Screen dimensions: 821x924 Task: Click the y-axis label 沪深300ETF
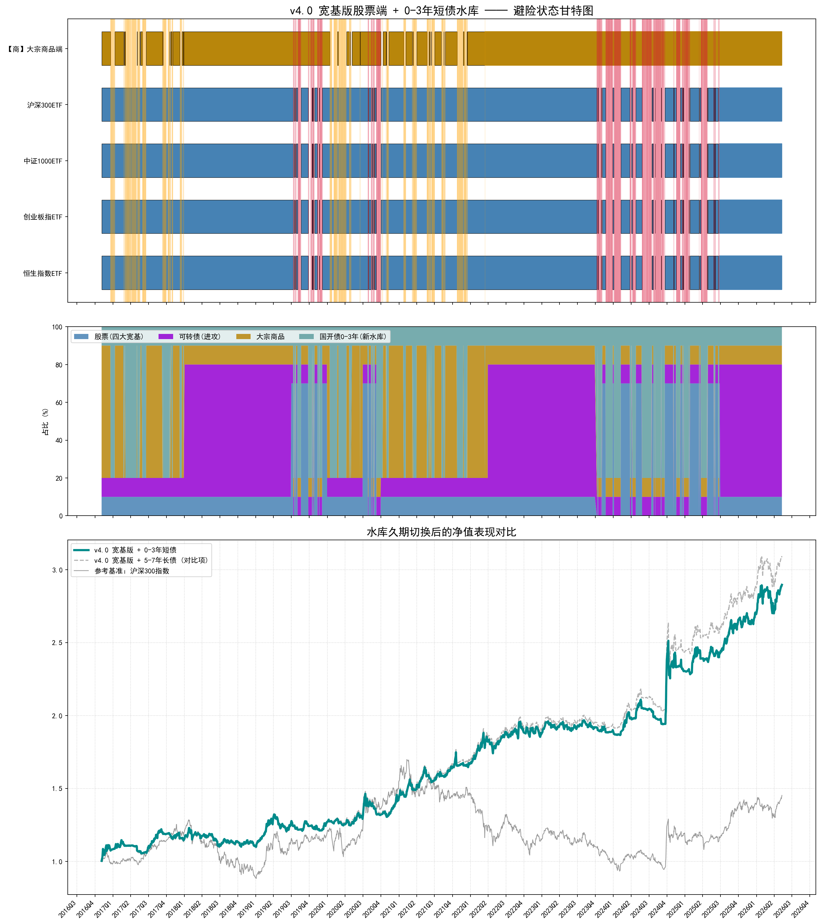tap(44, 105)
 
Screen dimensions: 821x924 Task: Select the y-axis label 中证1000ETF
tap(43, 161)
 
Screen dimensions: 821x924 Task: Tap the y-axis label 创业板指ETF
tap(43, 217)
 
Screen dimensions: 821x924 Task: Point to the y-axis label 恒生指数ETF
tap(43, 273)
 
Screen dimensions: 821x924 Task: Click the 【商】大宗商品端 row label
tap(35, 49)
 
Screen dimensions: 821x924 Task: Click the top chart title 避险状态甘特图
tap(553, 10)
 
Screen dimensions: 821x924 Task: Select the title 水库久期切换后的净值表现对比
tap(441, 532)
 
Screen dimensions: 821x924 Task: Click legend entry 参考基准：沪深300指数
tap(132, 571)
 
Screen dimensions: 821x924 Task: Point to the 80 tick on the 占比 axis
tap(59, 365)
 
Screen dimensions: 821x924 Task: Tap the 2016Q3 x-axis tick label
tap(67, 909)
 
